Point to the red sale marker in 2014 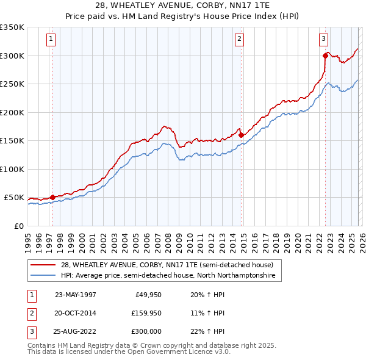tap(241, 135)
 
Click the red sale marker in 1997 tap(53, 197)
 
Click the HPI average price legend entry tap(168, 276)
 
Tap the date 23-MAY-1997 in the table tap(75, 295)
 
